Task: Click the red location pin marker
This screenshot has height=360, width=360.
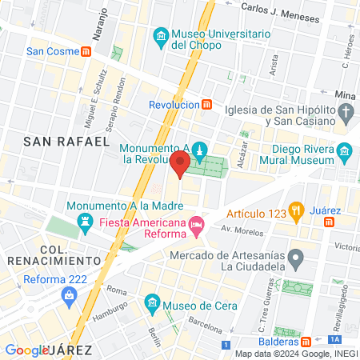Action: coord(180,165)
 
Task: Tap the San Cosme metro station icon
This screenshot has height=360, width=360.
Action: coord(86,51)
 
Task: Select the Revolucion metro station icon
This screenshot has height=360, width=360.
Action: coord(207,105)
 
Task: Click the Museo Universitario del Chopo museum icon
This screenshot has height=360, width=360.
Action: coord(161,36)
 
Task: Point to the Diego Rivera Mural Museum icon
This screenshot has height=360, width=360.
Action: coord(345,150)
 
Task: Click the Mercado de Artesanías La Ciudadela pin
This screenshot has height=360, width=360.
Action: coord(296,258)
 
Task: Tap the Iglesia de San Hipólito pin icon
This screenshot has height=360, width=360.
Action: coord(345,113)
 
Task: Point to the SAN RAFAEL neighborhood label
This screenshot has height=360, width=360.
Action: coord(66,141)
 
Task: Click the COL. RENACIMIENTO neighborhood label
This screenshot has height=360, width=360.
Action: coord(53,254)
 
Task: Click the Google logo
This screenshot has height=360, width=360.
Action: coord(26,350)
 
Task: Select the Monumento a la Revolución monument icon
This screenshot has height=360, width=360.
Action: coord(200,150)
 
